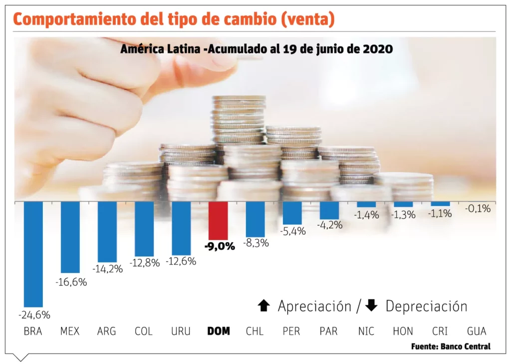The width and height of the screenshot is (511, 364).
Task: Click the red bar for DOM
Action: tap(218, 220)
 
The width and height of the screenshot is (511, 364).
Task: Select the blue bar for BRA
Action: tap(33, 253)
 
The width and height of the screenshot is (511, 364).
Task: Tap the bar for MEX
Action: tap(70, 237)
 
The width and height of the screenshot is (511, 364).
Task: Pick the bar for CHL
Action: tap(255, 219)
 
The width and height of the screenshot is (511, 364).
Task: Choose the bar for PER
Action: tap(292, 212)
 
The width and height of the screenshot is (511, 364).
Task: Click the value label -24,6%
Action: tap(34, 315)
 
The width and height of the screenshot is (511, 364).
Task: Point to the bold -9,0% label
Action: tap(219, 246)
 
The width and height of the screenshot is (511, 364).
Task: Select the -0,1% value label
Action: tap(478, 208)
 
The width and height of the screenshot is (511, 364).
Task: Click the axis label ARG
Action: tap(107, 331)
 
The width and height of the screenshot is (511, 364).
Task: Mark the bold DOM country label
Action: tap(218, 331)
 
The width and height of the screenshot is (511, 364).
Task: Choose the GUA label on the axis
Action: tap(477, 331)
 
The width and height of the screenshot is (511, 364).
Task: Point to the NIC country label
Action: tap(366, 331)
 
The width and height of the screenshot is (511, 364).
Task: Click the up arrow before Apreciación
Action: tap(264, 305)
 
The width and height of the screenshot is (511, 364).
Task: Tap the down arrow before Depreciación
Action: tap(371, 305)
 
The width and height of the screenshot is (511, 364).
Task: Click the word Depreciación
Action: tap(426, 306)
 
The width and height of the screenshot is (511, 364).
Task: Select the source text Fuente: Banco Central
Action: tap(451, 346)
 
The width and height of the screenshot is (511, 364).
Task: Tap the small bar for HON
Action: tap(403, 204)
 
